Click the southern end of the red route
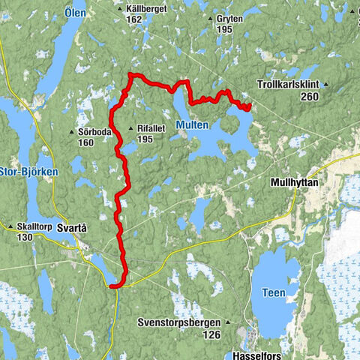tap(111, 286)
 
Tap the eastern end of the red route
tap(248, 106)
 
